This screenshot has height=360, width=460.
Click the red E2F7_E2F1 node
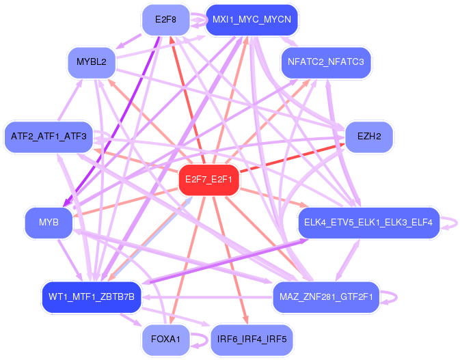(x=209, y=180)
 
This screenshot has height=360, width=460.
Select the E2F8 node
(x=166, y=20)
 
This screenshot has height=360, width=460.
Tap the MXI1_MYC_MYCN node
(x=252, y=20)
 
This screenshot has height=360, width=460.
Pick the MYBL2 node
(x=92, y=62)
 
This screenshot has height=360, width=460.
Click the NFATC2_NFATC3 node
(x=326, y=62)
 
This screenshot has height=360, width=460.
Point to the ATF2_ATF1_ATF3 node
(x=49, y=137)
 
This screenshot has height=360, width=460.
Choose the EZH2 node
(x=369, y=137)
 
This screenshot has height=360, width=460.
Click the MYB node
(x=49, y=223)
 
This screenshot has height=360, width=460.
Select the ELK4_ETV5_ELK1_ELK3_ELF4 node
(x=369, y=223)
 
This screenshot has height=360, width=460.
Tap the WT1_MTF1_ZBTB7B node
(x=92, y=297)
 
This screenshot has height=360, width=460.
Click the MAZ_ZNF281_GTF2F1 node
(x=326, y=297)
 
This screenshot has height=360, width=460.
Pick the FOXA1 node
(x=166, y=340)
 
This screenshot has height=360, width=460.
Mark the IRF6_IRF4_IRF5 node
(x=252, y=340)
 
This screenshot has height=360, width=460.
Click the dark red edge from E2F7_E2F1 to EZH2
(x=293, y=158)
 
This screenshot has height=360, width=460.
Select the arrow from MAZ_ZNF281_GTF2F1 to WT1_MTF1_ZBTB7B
(x=207, y=297)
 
